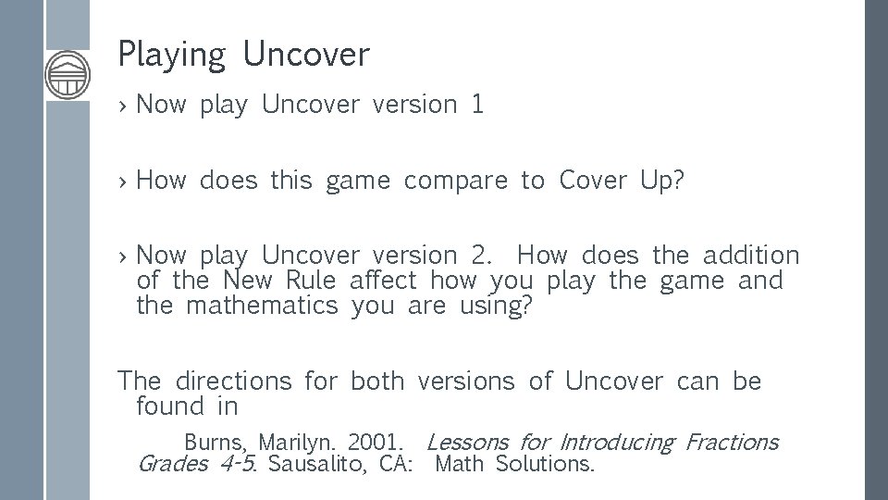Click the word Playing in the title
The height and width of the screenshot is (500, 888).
click(x=171, y=56)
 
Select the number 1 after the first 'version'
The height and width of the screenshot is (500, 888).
click(x=477, y=105)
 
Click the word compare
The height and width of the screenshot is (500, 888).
click(x=455, y=181)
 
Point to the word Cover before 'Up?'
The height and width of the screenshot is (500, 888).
click(x=592, y=181)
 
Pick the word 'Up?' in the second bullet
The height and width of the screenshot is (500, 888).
click(x=662, y=181)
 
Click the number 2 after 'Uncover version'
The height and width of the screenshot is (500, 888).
click(x=475, y=255)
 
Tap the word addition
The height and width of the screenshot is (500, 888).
click(x=750, y=255)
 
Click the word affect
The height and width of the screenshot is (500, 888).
click(x=386, y=280)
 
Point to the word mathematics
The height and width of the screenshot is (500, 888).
click(x=262, y=305)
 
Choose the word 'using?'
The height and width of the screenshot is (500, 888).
click(x=496, y=306)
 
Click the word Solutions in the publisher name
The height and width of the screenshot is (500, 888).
click(x=544, y=464)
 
